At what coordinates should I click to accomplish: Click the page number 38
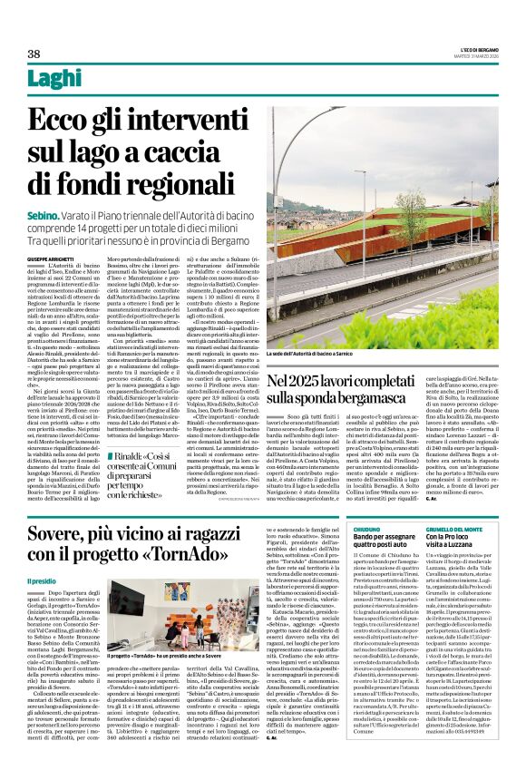point(34,54)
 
